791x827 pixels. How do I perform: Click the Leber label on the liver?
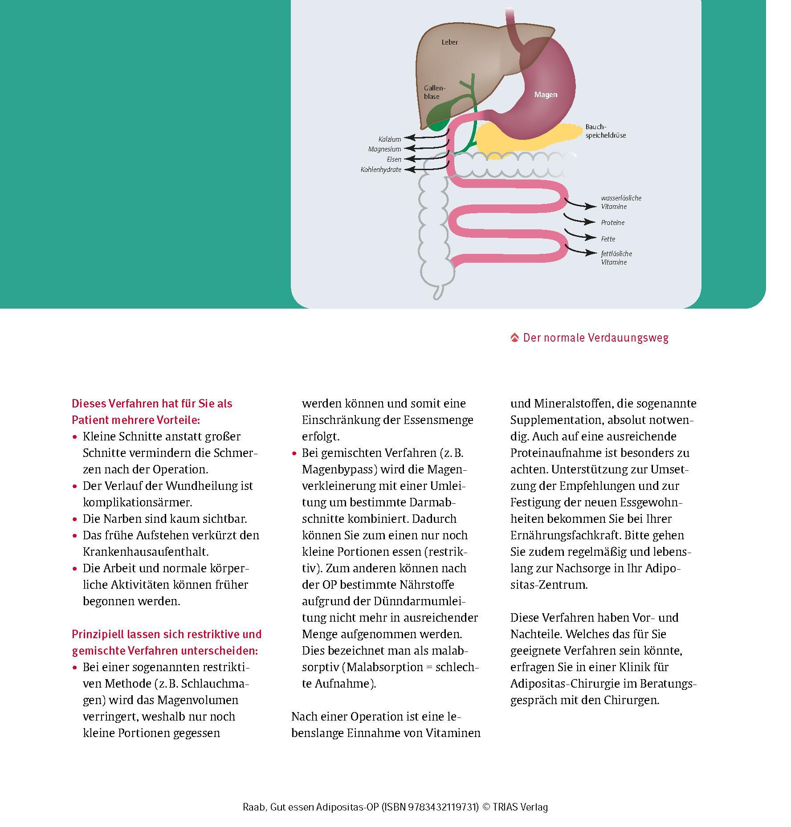pyautogui.click(x=449, y=42)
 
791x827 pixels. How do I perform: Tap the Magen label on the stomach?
pyautogui.click(x=546, y=94)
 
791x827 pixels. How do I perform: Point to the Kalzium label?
pyautogui.click(x=390, y=139)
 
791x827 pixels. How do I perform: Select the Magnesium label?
pyautogui.click(x=384, y=149)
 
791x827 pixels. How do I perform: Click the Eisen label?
pyautogui.click(x=394, y=159)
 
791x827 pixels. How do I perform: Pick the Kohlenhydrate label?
pyautogui.click(x=381, y=170)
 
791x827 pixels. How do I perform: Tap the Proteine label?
pyautogui.click(x=612, y=223)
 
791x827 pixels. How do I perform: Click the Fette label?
pyautogui.click(x=608, y=239)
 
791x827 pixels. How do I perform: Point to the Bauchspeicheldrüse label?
pyautogui.click(x=605, y=131)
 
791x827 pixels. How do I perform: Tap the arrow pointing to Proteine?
pyautogui.click(x=579, y=220)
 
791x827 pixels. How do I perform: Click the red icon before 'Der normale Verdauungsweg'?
pyautogui.click(x=514, y=338)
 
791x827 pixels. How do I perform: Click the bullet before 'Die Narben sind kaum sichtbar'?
pyautogui.click(x=75, y=519)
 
